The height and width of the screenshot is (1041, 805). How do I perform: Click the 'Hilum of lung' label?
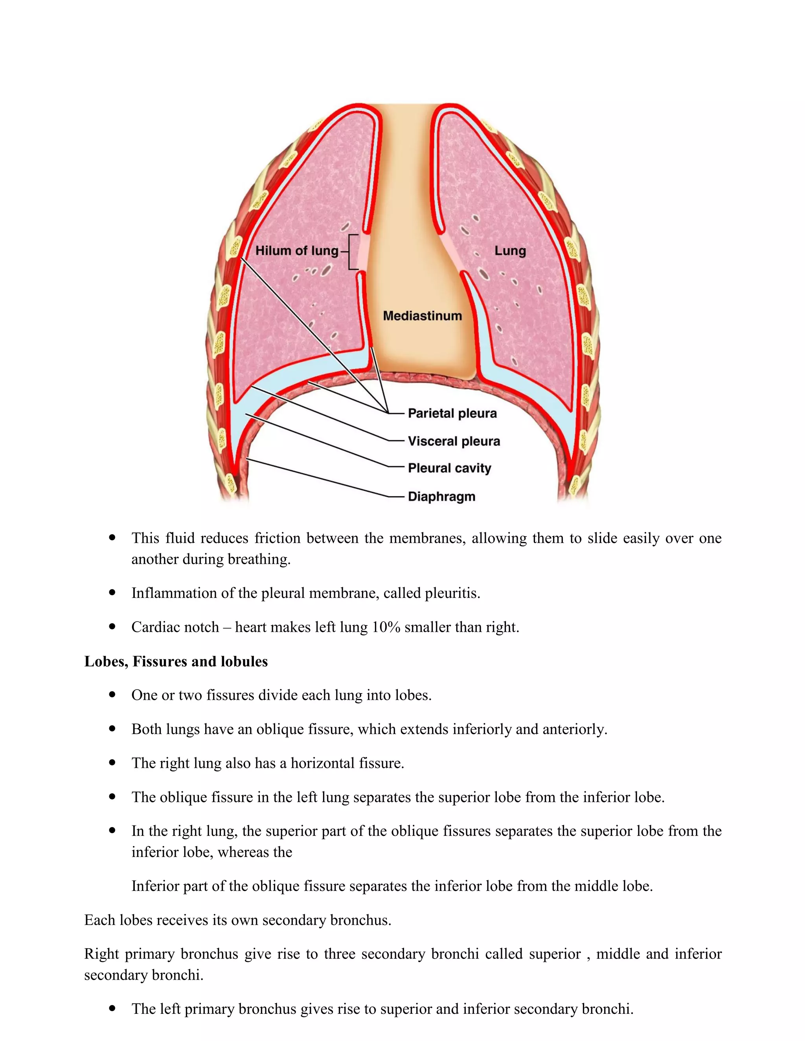[296, 251]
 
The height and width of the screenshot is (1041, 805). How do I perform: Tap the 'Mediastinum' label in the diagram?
[422, 316]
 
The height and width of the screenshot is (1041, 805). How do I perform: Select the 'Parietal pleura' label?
[452, 413]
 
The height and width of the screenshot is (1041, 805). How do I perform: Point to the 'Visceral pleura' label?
[454, 441]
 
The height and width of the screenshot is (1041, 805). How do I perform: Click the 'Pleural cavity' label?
[449, 468]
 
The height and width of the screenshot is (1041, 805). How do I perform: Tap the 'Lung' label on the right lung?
[510, 251]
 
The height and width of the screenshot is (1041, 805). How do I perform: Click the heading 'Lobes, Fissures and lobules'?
[176, 661]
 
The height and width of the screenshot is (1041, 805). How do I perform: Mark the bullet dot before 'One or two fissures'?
[112, 695]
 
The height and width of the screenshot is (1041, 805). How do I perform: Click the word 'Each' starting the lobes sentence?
[99, 920]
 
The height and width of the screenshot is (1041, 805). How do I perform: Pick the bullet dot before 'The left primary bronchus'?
[112, 1009]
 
